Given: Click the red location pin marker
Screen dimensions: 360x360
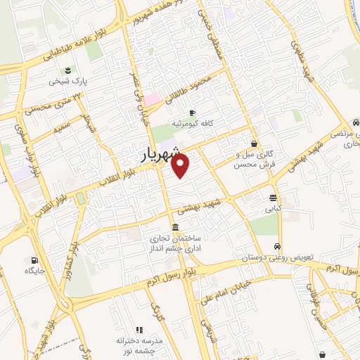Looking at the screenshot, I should pyautogui.click(x=181, y=166).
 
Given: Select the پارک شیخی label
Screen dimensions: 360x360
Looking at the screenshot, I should pyautogui.click(x=67, y=82).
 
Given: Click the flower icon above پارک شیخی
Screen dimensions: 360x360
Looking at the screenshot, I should pyautogui.click(x=67, y=70).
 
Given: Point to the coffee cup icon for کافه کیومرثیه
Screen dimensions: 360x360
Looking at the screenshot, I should pyautogui.click(x=192, y=112).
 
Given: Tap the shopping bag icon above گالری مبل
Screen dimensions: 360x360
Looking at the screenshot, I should pyautogui.click(x=254, y=143).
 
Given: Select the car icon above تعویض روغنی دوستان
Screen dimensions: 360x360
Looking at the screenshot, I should pyautogui.click(x=278, y=247).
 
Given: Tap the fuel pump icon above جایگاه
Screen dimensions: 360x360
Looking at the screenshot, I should pyautogui.click(x=34, y=259).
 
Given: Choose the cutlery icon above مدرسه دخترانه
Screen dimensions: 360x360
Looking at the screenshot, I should pyautogui.click(x=139, y=329).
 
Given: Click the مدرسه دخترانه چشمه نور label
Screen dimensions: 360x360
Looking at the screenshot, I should pyautogui.click(x=139, y=345).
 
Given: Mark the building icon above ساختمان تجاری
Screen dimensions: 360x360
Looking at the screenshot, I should pyautogui.click(x=174, y=226).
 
